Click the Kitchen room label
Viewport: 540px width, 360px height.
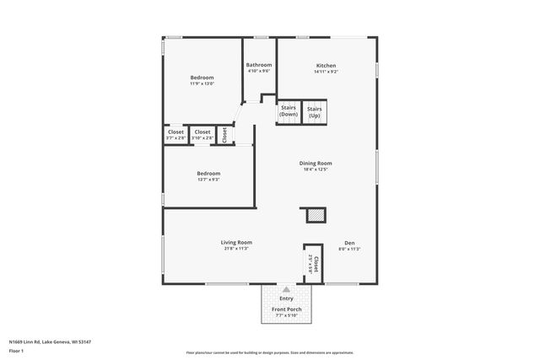pyautogui.click(x=327, y=66)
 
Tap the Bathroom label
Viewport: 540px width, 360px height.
pyautogui.click(x=259, y=65)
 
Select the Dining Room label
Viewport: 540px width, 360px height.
pyautogui.click(x=316, y=163)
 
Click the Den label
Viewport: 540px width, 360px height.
pyautogui.click(x=349, y=243)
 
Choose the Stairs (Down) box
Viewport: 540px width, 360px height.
pyautogui.click(x=289, y=111)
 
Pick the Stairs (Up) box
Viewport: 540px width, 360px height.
pyautogui.click(x=314, y=111)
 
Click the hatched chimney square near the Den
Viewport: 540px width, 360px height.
pyautogui.click(x=315, y=216)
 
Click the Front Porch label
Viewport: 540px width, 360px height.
pyautogui.click(x=287, y=309)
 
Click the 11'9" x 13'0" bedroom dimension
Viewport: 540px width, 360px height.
pyautogui.click(x=202, y=83)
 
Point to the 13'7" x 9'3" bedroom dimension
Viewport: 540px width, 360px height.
pyautogui.click(x=208, y=179)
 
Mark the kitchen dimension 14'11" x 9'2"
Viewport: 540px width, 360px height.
pyautogui.click(x=327, y=72)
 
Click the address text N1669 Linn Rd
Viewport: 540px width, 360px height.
pyautogui.click(x=50, y=341)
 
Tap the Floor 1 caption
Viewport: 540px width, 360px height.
pyautogui.click(x=16, y=350)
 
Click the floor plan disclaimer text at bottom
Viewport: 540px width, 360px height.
pyautogui.click(x=270, y=352)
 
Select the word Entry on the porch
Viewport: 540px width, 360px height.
pyautogui.click(x=287, y=298)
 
